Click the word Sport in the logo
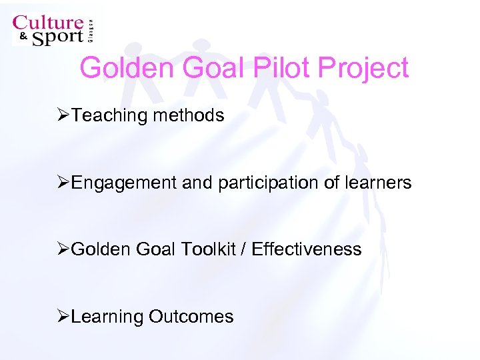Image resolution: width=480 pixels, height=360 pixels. click(x=57, y=37)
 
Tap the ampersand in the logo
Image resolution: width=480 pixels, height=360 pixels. click(x=22, y=37)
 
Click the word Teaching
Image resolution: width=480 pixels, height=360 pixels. click(x=109, y=115)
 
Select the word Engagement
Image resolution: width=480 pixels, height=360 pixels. click(x=125, y=183)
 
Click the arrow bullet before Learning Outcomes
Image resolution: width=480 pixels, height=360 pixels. click(x=63, y=316)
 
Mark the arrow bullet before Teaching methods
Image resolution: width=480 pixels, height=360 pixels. click(x=63, y=115)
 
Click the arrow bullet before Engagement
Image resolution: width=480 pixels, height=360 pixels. click(x=63, y=183)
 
